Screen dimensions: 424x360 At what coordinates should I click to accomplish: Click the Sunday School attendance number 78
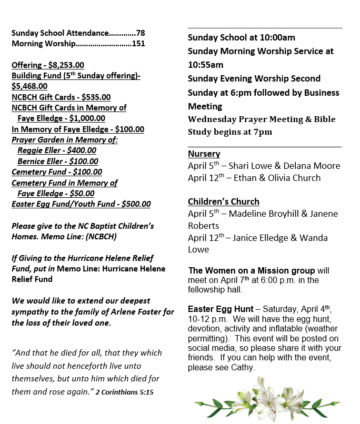(140, 33)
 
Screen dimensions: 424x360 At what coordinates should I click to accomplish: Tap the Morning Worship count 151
(138, 44)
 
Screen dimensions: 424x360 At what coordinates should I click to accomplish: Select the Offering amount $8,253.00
(66, 65)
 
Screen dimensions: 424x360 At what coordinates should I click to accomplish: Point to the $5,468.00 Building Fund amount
(29, 86)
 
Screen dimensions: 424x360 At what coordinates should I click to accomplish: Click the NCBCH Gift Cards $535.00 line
(61, 97)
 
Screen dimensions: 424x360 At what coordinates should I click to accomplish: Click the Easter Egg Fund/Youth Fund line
(81, 204)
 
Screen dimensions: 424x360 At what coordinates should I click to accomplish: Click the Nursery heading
(204, 154)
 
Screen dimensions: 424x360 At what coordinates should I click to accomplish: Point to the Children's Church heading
(223, 201)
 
